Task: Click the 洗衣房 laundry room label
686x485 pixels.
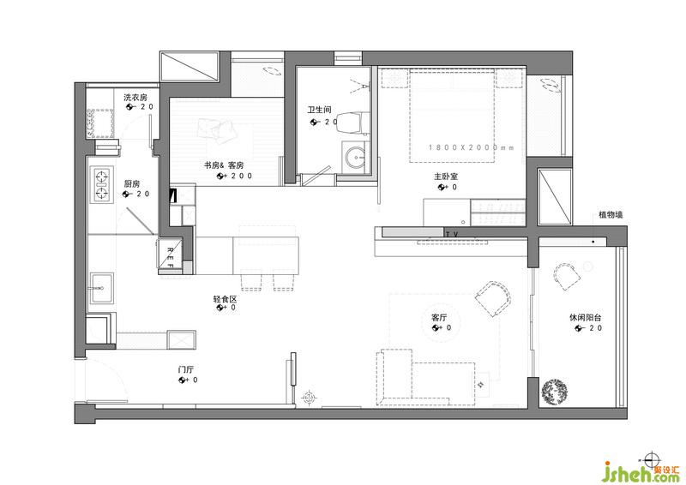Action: pos(135,97)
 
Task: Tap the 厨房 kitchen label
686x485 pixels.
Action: pos(132,183)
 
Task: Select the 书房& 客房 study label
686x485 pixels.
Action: pos(224,165)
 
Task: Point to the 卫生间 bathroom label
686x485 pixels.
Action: pos(319,110)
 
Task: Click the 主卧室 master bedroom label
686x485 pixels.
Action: pos(446,177)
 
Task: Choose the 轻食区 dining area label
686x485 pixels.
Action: pos(225,300)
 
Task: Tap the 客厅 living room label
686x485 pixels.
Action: pos(439,318)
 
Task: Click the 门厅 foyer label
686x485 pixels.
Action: pos(186,370)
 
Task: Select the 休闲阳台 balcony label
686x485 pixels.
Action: pos(586,318)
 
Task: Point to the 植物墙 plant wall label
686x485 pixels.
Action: pos(611,215)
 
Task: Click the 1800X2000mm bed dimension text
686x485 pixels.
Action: pos(471,148)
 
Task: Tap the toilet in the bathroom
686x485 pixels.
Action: pos(351,122)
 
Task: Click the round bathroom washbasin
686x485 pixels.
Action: pos(355,157)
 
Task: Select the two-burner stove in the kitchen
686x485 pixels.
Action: pos(102,184)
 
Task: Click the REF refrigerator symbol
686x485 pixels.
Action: pos(170,254)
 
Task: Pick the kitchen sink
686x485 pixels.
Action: pos(102,288)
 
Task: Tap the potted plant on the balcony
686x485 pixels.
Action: pos(554,392)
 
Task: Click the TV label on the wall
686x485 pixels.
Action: pos(452,235)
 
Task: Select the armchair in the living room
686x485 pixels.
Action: pos(494,299)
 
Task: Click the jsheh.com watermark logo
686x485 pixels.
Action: pos(640,471)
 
